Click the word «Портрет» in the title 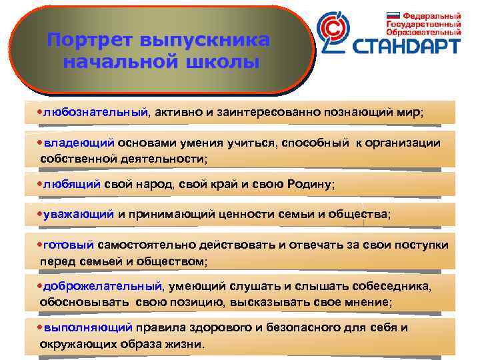pyautogui.click(x=89, y=40)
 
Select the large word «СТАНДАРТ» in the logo pyautogui.click(x=406, y=46)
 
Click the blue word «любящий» pyautogui.click(x=72, y=183)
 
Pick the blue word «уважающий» pyautogui.click(x=79, y=214)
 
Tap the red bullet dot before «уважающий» pyautogui.click(x=40, y=214)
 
